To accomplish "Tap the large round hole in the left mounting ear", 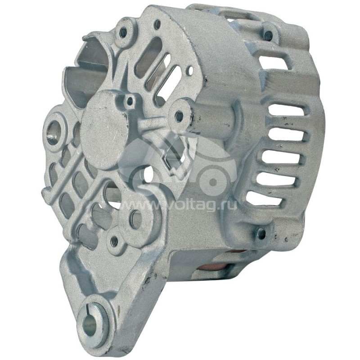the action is coord(54,132).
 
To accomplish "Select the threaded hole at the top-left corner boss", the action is coord(123,31).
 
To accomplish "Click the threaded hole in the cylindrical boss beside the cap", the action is coord(179,116).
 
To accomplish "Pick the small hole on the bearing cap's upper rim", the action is coord(130,101).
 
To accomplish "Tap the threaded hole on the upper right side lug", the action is coord(268,36).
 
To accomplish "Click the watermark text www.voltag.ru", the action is coord(177,205).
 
